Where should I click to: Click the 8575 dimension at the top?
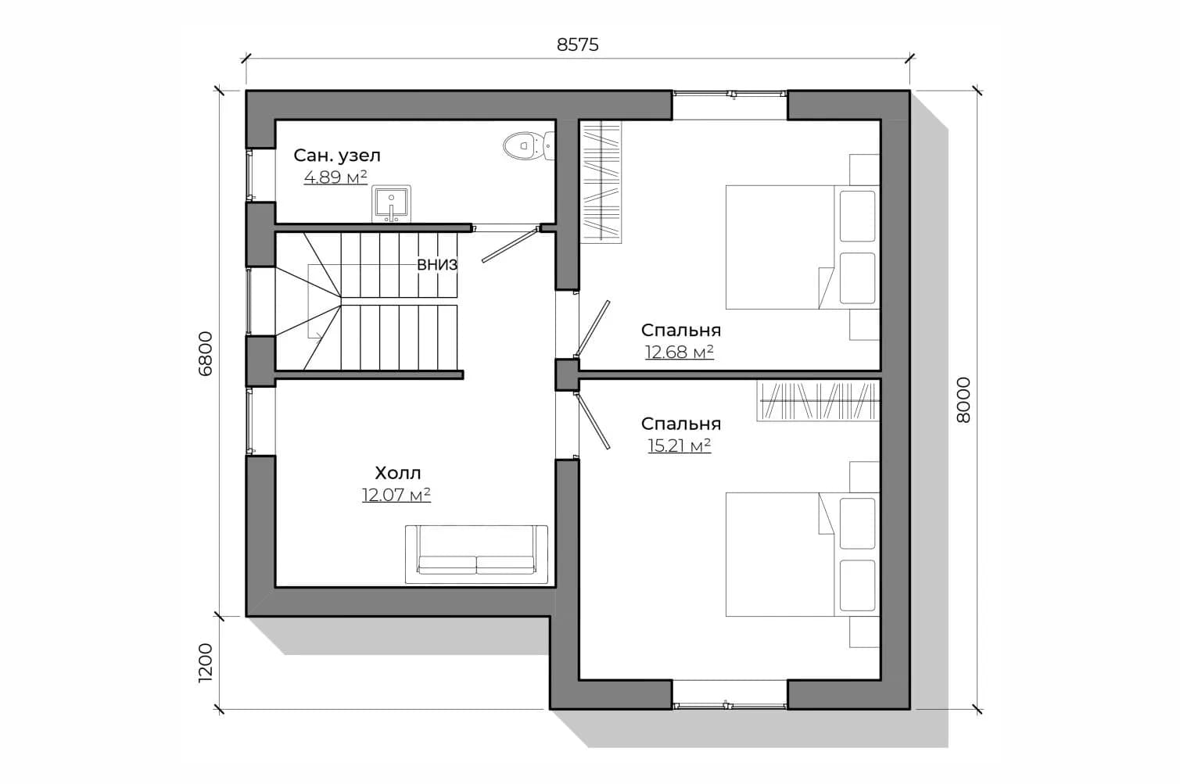[577, 45]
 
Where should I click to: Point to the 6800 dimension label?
[206, 353]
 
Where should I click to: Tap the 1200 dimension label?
[206, 663]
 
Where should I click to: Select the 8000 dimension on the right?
[963, 400]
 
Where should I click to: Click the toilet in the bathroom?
[529, 145]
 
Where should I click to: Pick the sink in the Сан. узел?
[391, 203]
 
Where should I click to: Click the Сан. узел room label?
[337, 156]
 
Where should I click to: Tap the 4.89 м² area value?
[335, 177]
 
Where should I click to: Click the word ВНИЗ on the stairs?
[437, 265]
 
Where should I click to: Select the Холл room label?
[398, 473]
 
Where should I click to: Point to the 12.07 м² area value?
[396, 495]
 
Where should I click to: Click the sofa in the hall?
[476, 554]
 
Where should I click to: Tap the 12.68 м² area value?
[680, 352]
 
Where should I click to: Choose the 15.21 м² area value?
[680, 446]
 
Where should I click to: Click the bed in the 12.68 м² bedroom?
[802, 247]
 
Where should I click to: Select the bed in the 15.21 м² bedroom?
[802, 554]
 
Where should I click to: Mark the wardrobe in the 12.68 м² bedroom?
[601, 182]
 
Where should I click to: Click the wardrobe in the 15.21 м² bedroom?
[818, 401]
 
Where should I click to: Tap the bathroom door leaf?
[510, 245]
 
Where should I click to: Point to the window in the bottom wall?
[730, 704]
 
